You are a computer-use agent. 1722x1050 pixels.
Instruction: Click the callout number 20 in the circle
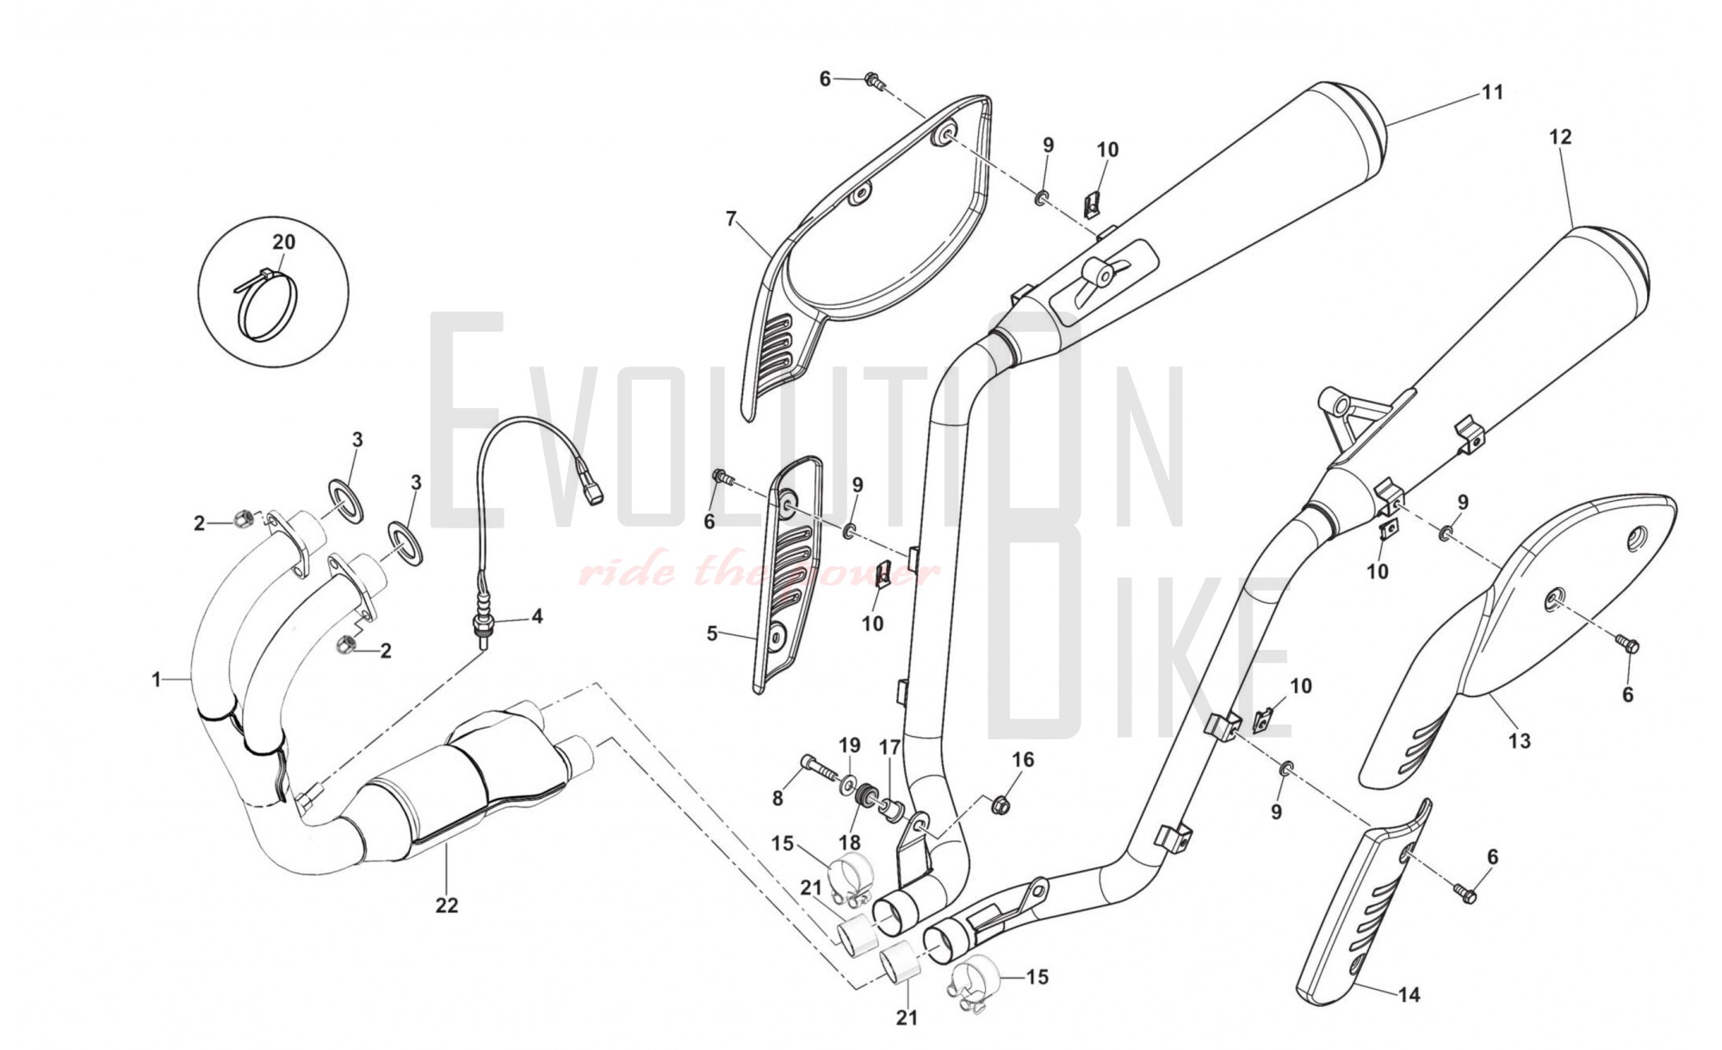[x=284, y=242]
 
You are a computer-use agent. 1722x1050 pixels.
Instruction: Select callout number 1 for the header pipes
[x=157, y=680]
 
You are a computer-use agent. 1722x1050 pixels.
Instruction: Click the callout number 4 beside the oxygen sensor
[x=537, y=616]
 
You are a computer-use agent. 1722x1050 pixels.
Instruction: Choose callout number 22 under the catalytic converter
[x=447, y=905]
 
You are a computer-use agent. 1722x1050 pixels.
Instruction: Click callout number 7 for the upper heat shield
[x=731, y=219]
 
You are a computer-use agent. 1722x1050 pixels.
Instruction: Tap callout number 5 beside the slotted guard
[x=712, y=633]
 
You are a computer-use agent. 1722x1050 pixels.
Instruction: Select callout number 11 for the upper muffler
[x=1492, y=92]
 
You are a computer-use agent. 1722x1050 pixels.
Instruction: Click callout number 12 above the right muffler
[x=1560, y=136]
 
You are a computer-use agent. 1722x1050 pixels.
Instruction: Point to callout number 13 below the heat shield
[x=1520, y=740]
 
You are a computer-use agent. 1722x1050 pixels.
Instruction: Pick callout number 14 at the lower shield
[x=1409, y=995]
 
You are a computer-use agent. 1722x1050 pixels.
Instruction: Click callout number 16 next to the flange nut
[x=1023, y=759]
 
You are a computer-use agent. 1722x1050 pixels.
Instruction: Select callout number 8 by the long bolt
[x=777, y=798]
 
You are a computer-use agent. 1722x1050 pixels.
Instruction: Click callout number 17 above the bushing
[x=889, y=747]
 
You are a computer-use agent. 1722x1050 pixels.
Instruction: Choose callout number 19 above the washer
[x=849, y=744]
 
